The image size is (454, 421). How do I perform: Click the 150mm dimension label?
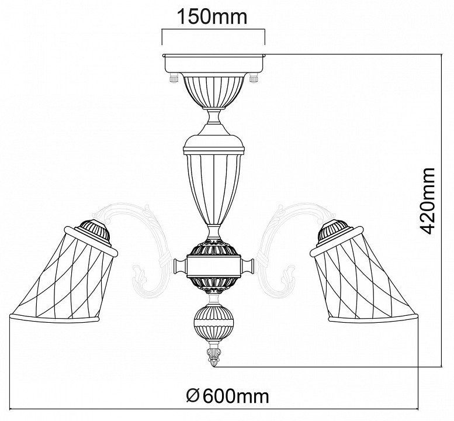(212, 17)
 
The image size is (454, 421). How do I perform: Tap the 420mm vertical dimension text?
(427, 201)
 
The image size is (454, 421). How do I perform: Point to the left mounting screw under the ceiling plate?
(174, 78)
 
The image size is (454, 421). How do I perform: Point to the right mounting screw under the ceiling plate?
(254, 78)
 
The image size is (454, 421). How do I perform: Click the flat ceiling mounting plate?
(214, 63)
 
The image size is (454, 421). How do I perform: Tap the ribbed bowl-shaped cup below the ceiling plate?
(214, 91)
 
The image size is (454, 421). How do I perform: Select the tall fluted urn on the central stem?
(214, 189)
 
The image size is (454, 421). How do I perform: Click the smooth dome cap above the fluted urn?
(214, 143)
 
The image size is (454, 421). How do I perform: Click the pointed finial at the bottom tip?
(214, 356)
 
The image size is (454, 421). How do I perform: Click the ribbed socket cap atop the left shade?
(93, 232)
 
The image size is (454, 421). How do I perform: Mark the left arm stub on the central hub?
(180, 265)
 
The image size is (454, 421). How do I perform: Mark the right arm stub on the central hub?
(248, 265)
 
